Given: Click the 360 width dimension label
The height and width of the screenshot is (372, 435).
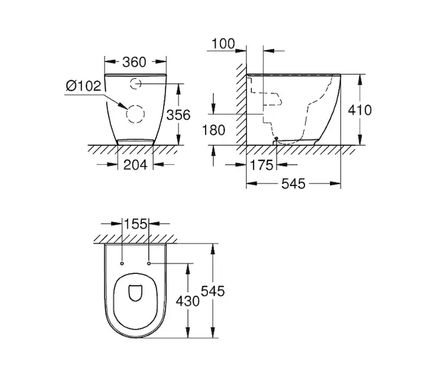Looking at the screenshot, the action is click(x=134, y=62).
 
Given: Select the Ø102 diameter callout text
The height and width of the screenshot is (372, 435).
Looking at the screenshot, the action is click(x=83, y=86).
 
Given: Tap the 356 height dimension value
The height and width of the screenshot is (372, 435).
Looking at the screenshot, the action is click(x=178, y=115).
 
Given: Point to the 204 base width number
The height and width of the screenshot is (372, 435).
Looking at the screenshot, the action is click(x=135, y=165).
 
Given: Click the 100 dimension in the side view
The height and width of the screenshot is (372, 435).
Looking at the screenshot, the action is click(x=223, y=44).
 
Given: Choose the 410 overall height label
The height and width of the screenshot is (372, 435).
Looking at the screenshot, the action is click(x=360, y=110).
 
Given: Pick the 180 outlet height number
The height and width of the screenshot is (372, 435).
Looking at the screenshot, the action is click(x=213, y=130).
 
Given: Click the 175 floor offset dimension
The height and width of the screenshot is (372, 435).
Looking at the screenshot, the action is click(x=262, y=166).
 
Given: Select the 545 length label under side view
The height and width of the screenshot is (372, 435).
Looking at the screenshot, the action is click(x=293, y=184).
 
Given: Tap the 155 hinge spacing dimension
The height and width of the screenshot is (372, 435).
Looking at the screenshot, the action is click(x=135, y=224).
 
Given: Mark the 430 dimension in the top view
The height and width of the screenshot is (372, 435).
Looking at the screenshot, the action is click(x=188, y=301).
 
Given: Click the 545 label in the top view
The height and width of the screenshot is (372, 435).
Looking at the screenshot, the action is click(x=213, y=291).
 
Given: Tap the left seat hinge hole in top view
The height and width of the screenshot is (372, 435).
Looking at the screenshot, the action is click(x=122, y=263).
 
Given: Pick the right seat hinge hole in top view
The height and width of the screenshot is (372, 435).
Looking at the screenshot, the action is click(x=149, y=263).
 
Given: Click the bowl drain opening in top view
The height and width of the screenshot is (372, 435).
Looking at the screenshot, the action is click(x=135, y=293).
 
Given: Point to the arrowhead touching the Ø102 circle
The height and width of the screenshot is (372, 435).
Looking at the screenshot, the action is click(x=124, y=106).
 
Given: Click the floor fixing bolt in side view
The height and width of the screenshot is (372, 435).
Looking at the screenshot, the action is click(x=275, y=138).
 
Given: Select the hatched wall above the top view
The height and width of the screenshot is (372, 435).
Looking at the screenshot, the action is click(x=135, y=239).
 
